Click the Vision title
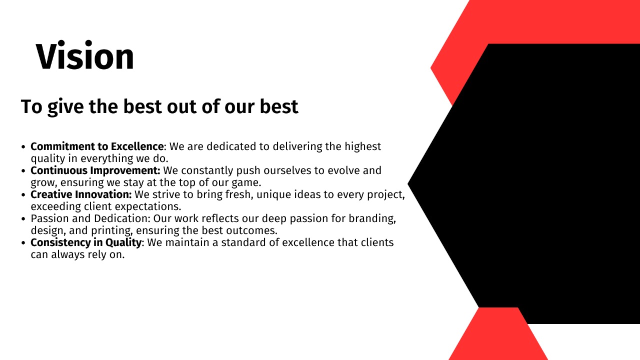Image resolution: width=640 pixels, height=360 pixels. [x=85, y=55]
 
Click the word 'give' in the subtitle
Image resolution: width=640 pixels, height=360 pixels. [x=65, y=107]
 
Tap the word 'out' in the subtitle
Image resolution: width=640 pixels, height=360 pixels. [x=182, y=106]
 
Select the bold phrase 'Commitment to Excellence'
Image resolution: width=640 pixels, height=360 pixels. [x=97, y=146]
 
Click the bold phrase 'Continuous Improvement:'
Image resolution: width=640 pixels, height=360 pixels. [x=95, y=170]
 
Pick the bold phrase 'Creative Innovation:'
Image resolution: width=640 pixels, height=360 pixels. [x=81, y=194]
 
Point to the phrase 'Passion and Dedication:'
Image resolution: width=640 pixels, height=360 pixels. [x=90, y=218]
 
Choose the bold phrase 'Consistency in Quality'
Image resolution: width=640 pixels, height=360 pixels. [x=86, y=242]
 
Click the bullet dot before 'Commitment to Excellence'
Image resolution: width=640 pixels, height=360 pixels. [x=23, y=147]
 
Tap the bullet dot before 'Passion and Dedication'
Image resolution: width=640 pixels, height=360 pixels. [x=23, y=219]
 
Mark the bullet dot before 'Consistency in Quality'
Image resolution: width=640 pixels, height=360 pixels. [x=23, y=243]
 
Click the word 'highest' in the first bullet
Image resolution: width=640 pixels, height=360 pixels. [x=362, y=147]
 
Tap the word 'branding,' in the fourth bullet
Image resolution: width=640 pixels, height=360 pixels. [x=372, y=219]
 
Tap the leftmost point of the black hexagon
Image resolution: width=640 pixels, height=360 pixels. [x=408, y=183]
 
